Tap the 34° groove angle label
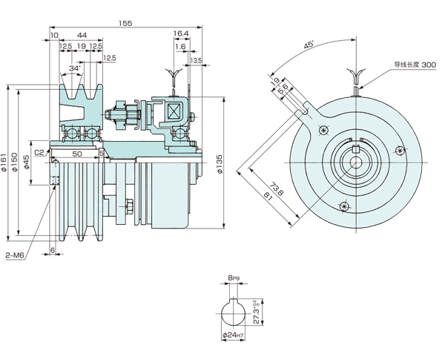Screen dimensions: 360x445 pos(75,69)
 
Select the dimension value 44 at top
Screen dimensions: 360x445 pos(81,35)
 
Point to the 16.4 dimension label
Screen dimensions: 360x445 pos(181,34)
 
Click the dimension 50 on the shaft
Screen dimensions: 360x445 pos(77,153)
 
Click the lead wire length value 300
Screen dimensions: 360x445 pos(428,66)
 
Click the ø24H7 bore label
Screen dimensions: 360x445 pos(236,336)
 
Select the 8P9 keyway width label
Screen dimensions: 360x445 pos(234,279)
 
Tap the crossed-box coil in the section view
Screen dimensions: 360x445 pos(177,112)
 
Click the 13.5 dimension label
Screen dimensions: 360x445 pos(196,59)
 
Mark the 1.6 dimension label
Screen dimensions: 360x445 pos(180,46)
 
